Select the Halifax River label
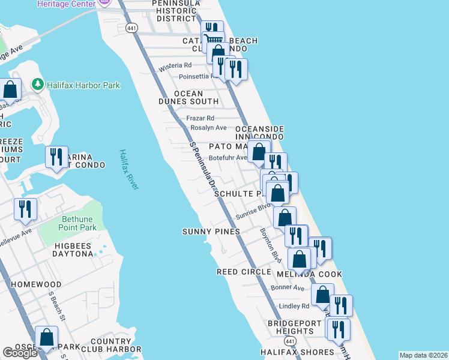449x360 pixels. (x=128, y=170)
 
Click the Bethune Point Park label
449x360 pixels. (x=78, y=223)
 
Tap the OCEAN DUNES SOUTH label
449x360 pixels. (x=196, y=98)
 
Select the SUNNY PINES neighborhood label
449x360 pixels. (x=211, y=232)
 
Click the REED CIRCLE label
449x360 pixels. (x=244, y=272)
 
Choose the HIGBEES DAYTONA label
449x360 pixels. (x=65, y=250)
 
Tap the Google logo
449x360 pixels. (x=20, y=353)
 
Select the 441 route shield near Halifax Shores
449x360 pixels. (x=291, y=341)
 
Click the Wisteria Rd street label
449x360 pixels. (x=175, y=65)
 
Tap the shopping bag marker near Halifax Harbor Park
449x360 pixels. (x=11, y=90)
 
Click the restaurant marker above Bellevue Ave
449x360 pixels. (x=25, y=209)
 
